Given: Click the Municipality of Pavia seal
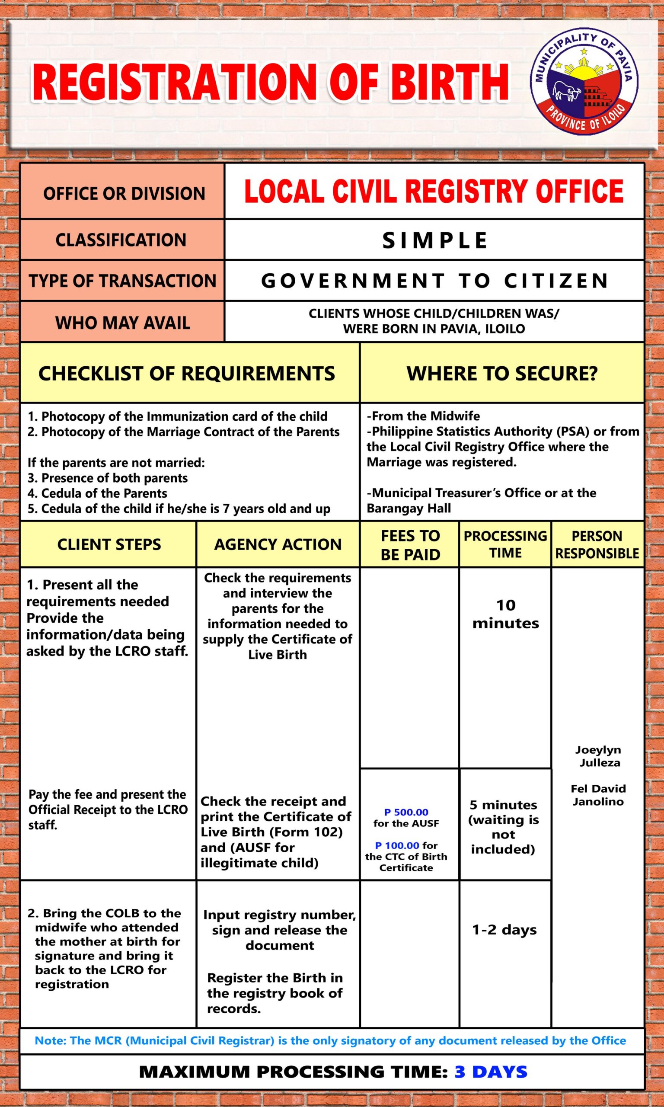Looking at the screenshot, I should pos(584,82).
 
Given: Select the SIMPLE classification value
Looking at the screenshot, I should pos(434,240).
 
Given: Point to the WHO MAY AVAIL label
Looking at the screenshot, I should pos(123,323).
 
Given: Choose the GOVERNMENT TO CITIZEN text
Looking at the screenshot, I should pos(434,281).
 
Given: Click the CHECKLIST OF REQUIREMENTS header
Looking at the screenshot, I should pos(187,373).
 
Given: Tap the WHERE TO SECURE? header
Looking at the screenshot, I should pos(501,373).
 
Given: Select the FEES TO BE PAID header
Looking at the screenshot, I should pos(410,544).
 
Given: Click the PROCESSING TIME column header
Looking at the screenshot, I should pos(505,544).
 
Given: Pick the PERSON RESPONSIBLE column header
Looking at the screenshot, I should pos(597,544).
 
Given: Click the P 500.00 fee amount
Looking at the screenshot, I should pos(406,812).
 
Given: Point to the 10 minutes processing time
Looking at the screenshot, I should pos(506,614).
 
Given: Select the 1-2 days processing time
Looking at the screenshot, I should pos(504,929).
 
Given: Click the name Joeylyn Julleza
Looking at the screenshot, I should pos(599,756).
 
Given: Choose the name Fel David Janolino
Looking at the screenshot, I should pos(598,795).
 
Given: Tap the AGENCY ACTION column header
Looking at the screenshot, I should pos(278,544).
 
